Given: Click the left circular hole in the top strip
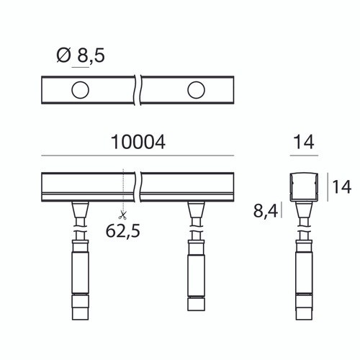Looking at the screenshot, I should tap(80, 90).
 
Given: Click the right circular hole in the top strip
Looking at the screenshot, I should tap(196, 90).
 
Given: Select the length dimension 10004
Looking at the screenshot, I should tap(138, 143).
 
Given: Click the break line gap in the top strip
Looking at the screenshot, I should tap(138, 91).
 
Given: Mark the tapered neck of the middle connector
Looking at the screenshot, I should tap(196, 213).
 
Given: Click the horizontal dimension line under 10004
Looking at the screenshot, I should tap(138, 156).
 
